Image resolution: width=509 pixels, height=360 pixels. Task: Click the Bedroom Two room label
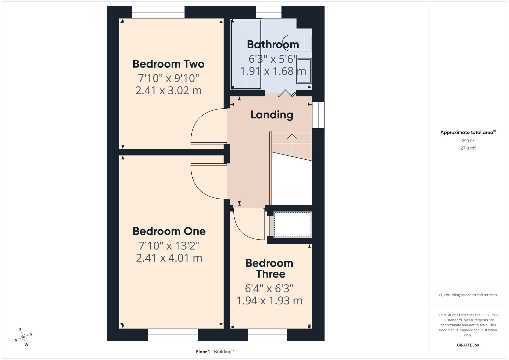click(168, 64)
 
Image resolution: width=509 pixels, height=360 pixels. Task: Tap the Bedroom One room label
click(169, 231)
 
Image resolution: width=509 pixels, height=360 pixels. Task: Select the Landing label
click(272, 115)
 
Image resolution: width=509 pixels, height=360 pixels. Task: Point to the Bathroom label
click(273, 45)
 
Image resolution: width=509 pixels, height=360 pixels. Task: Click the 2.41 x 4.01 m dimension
click(169, 258)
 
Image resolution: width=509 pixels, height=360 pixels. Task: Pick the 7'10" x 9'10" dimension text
click(168, 78)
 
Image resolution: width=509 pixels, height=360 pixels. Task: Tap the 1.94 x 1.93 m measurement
click(270, 301)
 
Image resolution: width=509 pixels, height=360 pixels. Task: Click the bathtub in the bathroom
click(246, 54)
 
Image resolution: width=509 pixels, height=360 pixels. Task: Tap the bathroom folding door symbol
click(287, 93)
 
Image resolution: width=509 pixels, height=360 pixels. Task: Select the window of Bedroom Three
click(267, 335)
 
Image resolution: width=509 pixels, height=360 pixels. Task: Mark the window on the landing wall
click(318, 115)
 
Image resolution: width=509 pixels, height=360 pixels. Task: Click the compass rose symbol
click(23, 337)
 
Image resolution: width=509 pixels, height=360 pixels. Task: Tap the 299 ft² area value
click(468, 141)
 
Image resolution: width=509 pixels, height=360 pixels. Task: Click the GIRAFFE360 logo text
click(468, 345)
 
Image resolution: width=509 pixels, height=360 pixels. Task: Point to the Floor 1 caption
click(203, 352)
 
